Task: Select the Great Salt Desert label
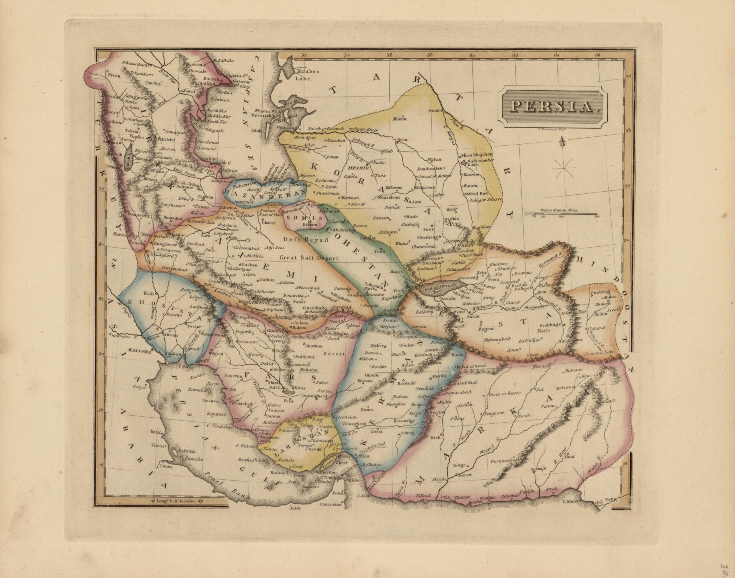[x=309, y=258]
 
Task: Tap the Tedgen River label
[x=363, y=129]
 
